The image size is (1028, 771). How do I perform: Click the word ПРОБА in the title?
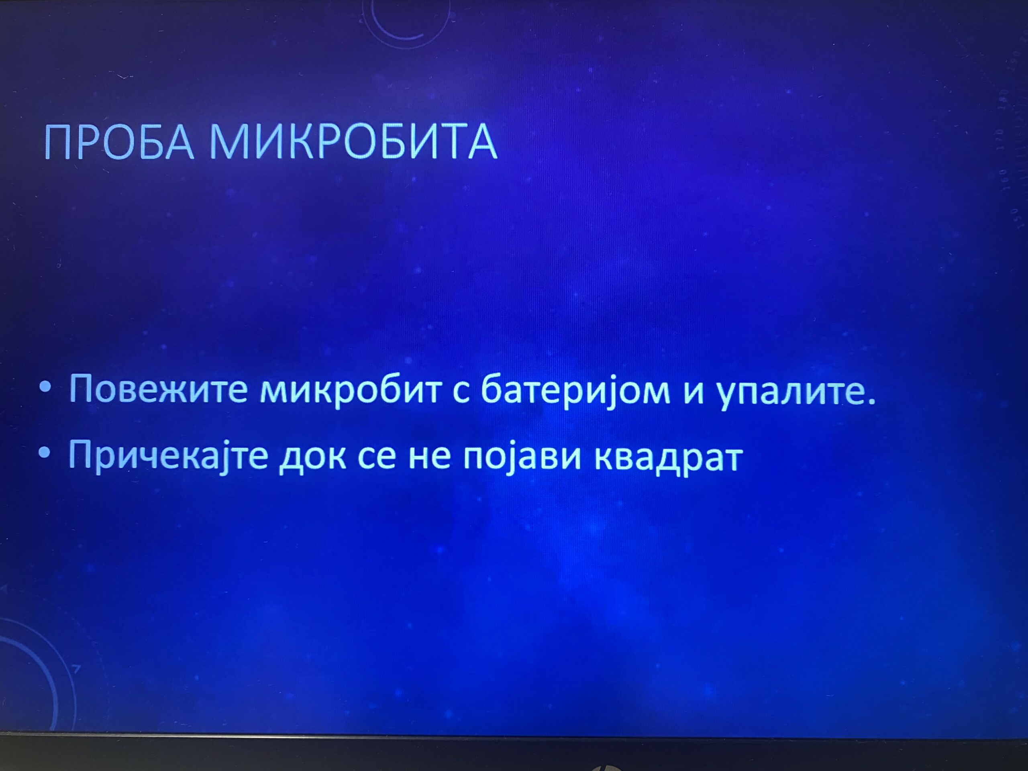pos(119,142)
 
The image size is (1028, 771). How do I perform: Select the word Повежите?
pos(158,390)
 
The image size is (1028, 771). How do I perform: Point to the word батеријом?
pos(575,390)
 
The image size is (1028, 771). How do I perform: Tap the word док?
pos(312,459)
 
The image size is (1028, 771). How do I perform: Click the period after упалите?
pos(871,401)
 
